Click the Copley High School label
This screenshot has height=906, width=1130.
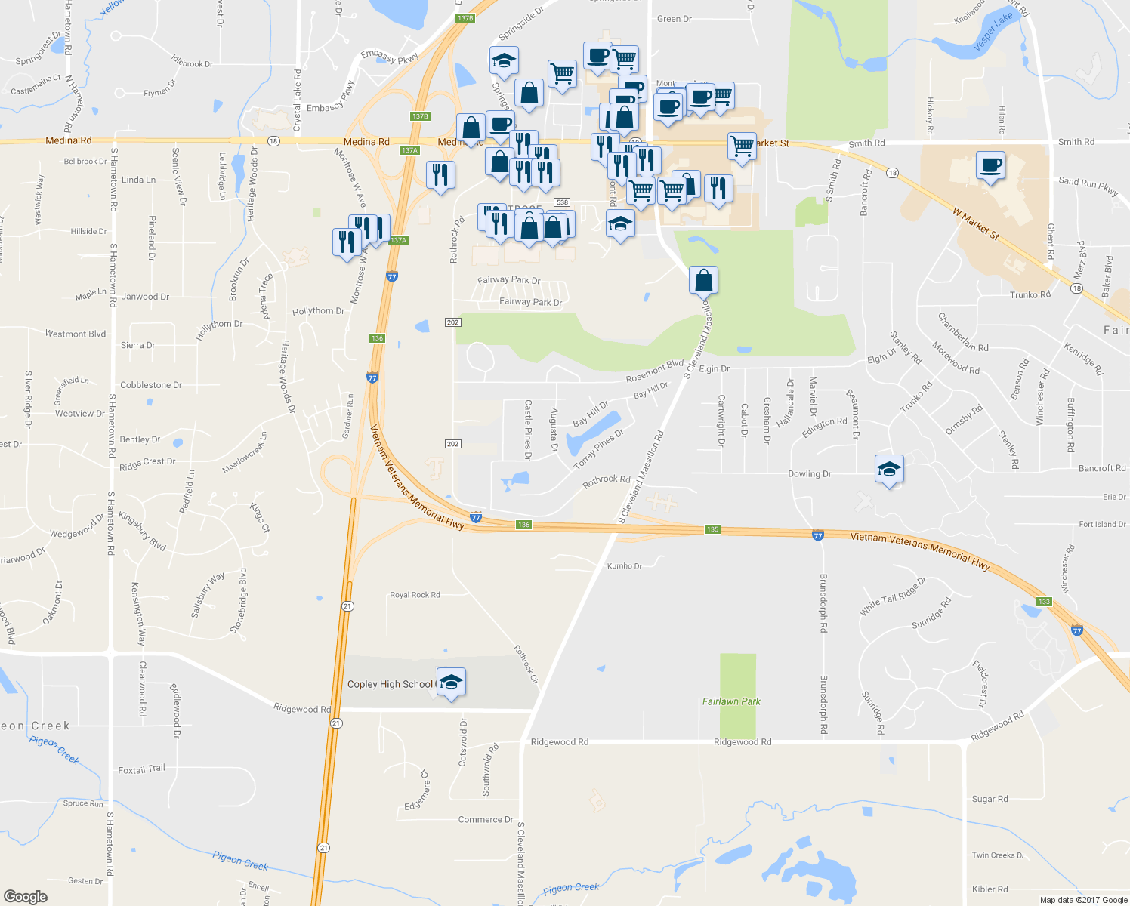[x=390, y=684]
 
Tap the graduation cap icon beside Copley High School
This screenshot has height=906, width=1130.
[x=451, y=682]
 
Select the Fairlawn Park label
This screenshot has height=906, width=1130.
[x=731, y=701]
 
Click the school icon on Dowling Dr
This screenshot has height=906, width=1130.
[x=889, y=469]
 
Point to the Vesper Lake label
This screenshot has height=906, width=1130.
[x=993, y=32]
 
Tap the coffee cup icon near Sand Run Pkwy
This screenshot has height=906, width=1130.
[x=990, y=165]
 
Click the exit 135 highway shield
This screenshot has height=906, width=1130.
[x=712, y=529]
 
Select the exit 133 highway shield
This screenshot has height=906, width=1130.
[x=1044, y=602]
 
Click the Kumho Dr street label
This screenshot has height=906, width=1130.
[x=624, y=565]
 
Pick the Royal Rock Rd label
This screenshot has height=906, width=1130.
[x=415, y=595]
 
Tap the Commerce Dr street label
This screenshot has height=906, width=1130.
[x=485, y=819]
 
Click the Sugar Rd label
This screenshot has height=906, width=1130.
[x=990, y=799]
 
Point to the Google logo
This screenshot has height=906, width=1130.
[x=26, y=896]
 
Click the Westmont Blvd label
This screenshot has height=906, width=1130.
[x=76, y=334]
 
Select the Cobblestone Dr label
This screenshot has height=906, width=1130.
[x=151, y=385]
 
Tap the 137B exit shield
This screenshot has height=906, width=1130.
[x=465, y=18]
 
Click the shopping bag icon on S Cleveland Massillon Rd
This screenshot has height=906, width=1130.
[x=703, y=279]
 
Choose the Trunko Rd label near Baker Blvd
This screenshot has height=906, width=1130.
[x=1030, y=294]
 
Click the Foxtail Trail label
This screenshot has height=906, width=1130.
[x=141, y=769]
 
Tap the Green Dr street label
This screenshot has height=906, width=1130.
[x=674, y=19]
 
